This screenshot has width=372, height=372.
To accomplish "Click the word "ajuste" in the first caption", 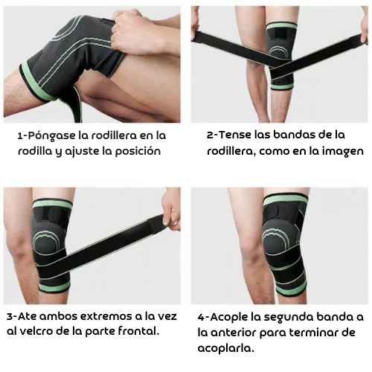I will tap(89, 151).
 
